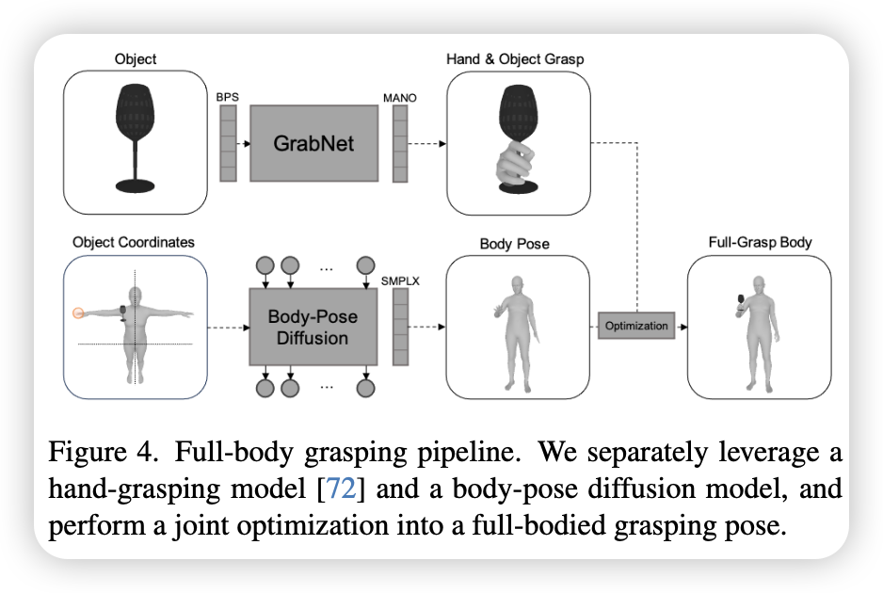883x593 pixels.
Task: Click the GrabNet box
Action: pyautogui.click(x=313, y=143)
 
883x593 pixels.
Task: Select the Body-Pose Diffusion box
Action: pyautogui.click(x=313, y=327)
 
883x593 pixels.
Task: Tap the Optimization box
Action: pyautogui.click(x=636, y=326)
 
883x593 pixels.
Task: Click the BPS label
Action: pyautogui.click(x=228, y=97)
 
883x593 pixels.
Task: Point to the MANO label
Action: pyautogui.click(x=400, y=98)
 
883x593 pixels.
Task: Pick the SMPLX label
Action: pyautogui.click(x=400, y=281)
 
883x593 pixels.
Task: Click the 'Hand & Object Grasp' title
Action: pyautogui.click(x=515, y=59)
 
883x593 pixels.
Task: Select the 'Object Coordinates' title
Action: pyautogui.click(x=134, y=242)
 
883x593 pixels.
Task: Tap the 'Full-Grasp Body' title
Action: pyautogui.click(x=760, y=242)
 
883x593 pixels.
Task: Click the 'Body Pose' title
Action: pyautogui.click(x=514, y=244)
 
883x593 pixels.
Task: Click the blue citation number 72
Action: pyautogui.click(x=342, y=488)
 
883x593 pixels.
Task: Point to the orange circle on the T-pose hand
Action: pyautogui.click(x=78, y=313)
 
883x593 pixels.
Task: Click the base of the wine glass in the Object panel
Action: pyautogui.click(x=136, y=185)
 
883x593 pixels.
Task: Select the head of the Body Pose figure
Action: pyautogui.click(x=517, y=284)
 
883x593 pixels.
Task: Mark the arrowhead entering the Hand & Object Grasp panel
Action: pyautogui.click(x=442, y=144)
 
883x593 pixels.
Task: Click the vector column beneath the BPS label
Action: pyautogui.click(x=228, y=143)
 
